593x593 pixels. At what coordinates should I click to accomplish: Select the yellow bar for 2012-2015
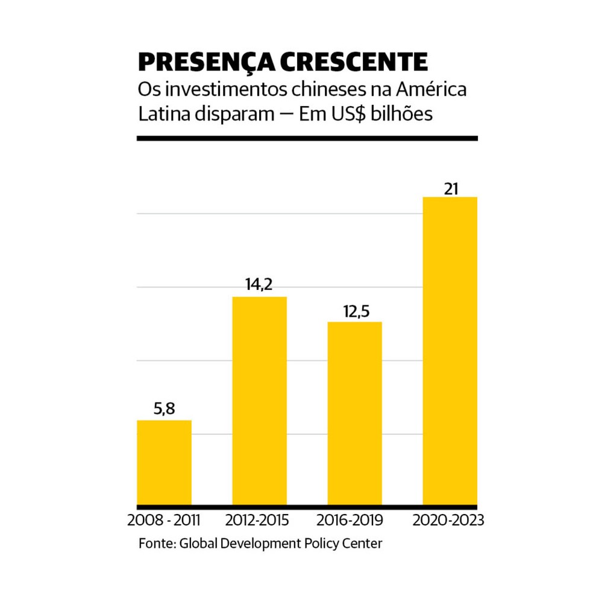pyautogui.click(x=259, y=400)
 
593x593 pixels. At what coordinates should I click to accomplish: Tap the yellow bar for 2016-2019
pyautogui.click(x=354, y=413)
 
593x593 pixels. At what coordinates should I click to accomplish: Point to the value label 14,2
pyautogui.click(x=259, y=284)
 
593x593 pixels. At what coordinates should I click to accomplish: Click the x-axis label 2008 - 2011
pyautogui.click(x=164, y=519)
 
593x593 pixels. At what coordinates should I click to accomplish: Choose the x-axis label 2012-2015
pyautogui.click(x=259, y=519)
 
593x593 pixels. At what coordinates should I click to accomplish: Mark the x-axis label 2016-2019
pyautogui.click(x=354, y=519)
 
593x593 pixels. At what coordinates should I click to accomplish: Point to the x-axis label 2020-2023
pyautogui.click(x=448, y=519)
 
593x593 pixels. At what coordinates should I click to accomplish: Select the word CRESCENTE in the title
pyautogui.click(x=351, y=62)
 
